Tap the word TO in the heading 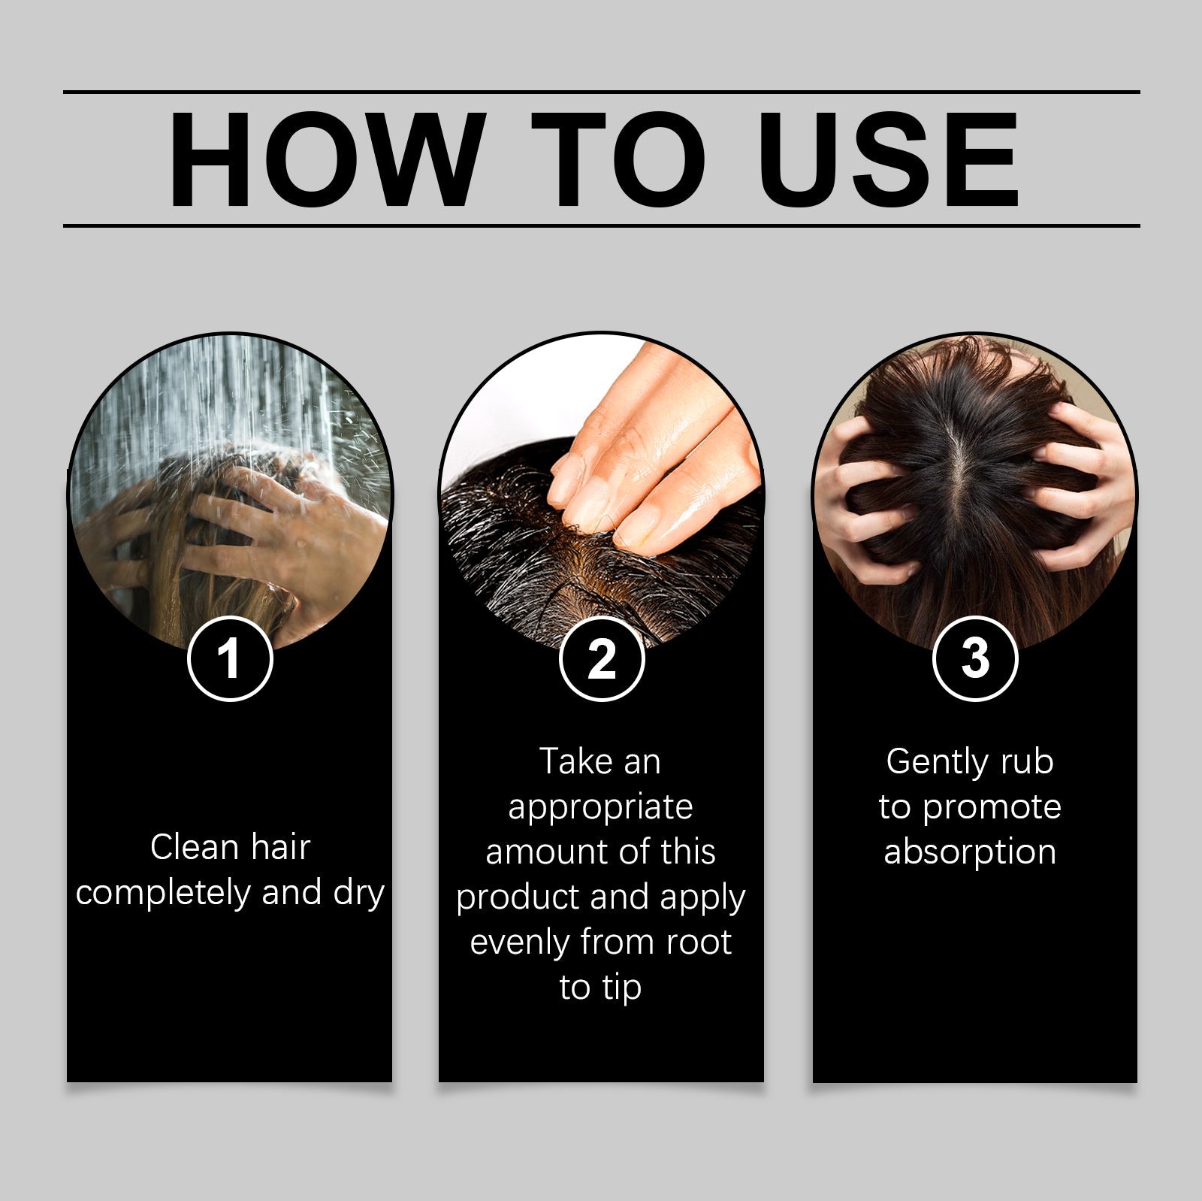(618, 159)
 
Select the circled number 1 (229, 658)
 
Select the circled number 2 (602, 658)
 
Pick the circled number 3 (974, 658)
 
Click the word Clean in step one (194, 847)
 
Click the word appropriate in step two (600, 807)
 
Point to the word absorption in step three (970, 852)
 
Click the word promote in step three (992, 807)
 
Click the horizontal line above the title (601, 92)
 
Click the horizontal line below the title (601, 225)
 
